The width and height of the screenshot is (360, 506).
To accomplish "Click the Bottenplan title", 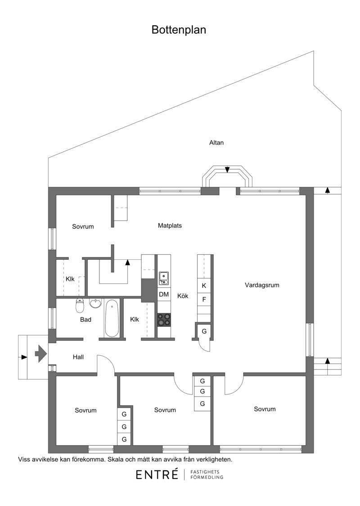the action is point(179,30).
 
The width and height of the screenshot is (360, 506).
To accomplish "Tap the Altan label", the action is point(216,143).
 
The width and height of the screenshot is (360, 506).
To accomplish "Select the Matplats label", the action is point(170,226).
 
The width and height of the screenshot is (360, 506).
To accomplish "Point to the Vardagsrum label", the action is point(262,285).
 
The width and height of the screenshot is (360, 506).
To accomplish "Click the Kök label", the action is point(183,296).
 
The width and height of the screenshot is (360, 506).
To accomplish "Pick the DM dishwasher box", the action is point(164,294).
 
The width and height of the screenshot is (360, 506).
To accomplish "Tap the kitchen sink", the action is point(164,279).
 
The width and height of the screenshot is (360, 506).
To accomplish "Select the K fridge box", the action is point(204,285).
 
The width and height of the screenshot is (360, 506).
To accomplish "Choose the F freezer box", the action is point(204,299).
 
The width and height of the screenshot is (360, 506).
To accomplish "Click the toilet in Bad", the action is point(80,306).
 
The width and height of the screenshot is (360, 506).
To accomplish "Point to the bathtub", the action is point(112,318).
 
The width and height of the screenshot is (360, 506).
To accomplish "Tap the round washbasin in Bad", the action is point(95,303).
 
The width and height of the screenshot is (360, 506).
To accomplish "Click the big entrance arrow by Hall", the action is point(41,353).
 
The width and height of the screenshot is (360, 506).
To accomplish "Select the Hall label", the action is point(78,357).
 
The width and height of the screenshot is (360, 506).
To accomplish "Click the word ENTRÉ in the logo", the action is point(157,474).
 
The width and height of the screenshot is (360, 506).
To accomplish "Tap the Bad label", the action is point(86,320).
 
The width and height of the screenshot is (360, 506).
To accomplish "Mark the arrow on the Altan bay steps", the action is point(227,169).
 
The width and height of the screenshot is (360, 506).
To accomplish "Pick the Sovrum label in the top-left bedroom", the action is point(83,226).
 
